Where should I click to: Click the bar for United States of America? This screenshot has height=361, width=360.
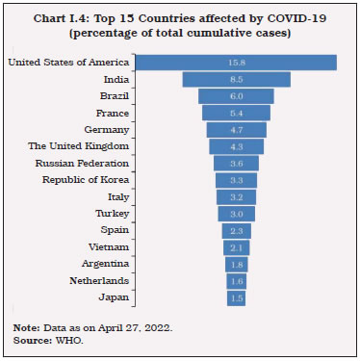click(x=236, y=63)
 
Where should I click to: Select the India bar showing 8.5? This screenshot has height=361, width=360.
click(x=236, y=79)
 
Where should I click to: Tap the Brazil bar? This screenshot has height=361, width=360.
click(x=236, y=96)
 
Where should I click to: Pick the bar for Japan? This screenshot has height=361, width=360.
click(x=236, y=298)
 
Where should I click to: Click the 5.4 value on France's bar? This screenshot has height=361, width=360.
click(x=236, y=113)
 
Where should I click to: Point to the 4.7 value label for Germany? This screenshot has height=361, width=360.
click(x=236, y=129)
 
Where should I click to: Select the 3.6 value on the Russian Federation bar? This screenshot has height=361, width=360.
click(x=236, y=163)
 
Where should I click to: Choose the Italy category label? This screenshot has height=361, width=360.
click(x=116, y=196)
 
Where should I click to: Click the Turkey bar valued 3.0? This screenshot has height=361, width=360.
click(x=236, y=213)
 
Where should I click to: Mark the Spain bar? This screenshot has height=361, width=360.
click(x=236, y=230)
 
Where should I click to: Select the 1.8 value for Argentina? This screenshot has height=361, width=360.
click(x=236, y=264)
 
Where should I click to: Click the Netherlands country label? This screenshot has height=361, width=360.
click(x=99, y=280)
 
